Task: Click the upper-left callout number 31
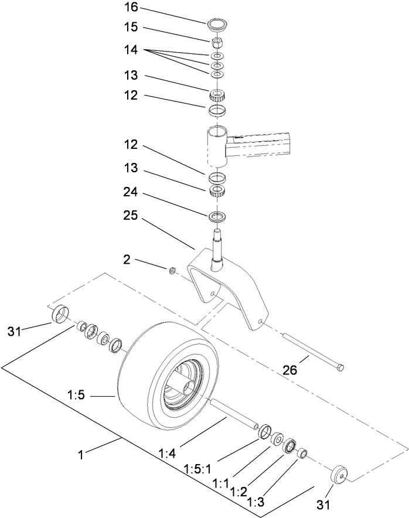tap(14, 331)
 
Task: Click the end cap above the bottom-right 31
tap(338, 473)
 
